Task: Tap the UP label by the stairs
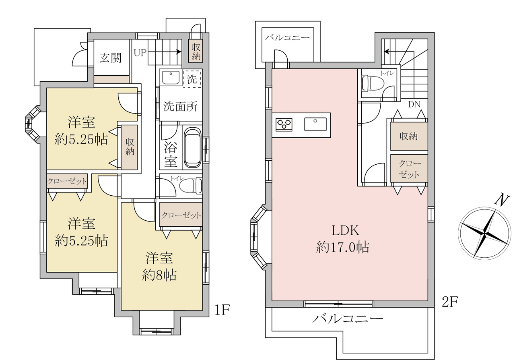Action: pos(140,53)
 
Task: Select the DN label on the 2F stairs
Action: pos(414,105)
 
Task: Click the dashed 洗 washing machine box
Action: pos(192,79)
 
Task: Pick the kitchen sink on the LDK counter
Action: pos(315,124)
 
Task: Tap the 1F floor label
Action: pos(222,310)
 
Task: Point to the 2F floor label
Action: pos(450,302)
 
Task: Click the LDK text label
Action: pos(345,230)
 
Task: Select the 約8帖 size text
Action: pos(159,275)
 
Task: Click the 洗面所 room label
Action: pos(181,107)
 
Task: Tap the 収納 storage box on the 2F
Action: pos(409,136)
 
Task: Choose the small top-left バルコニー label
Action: pos(287,37)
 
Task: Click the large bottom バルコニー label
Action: pos(348,319)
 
